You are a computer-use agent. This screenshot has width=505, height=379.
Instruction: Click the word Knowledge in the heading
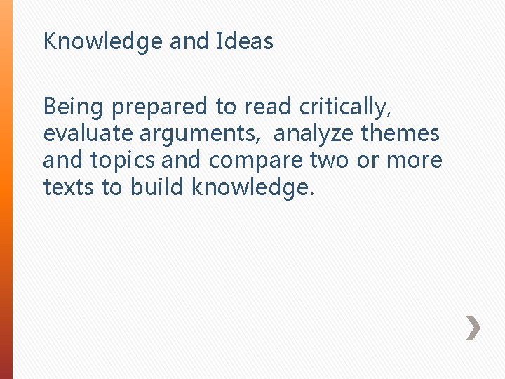[103, 42]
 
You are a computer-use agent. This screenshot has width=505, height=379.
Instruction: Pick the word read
[268, 107]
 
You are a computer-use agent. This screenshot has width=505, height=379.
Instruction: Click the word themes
[400, 133]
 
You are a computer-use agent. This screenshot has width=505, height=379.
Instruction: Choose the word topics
[123, 161]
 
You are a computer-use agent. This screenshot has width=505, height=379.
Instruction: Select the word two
[329, 160]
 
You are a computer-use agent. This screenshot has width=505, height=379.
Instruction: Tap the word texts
[68, 187]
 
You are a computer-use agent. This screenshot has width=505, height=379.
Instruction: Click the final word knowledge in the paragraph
[249, 187]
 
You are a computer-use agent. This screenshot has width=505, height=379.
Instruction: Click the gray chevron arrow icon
[474, 328]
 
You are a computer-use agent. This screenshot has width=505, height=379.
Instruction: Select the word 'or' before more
[369, 160]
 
